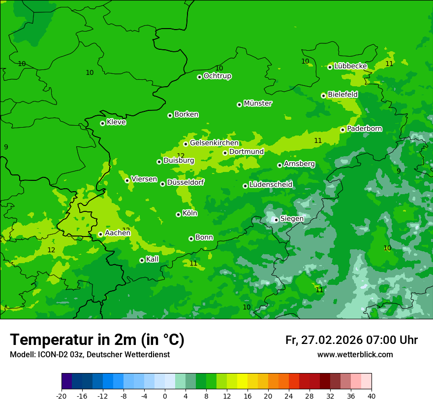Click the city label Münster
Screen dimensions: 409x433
[258, 103]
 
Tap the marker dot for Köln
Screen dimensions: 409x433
[178, 214]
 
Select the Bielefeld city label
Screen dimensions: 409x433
[342, 94]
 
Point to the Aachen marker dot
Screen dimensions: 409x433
[100, 235]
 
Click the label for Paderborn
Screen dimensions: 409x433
[364, 129]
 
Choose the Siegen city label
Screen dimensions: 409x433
[292, 219]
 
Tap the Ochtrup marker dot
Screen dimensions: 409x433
[199, 77]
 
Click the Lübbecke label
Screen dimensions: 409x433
[350, 66]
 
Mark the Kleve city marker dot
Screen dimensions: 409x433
[102, 123]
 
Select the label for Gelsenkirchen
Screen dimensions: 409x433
[214, 143]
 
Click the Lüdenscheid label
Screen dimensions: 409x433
[271, 185]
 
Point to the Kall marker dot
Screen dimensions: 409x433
[142, 260]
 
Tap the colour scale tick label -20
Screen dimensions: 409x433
[62, 396]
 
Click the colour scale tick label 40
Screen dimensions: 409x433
[371, 396]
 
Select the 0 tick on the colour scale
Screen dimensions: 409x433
[165, 396]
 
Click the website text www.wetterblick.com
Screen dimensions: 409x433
[355, 354]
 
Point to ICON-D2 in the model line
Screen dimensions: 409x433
[53, 354]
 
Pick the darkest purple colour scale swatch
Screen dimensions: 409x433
[66, 381]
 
